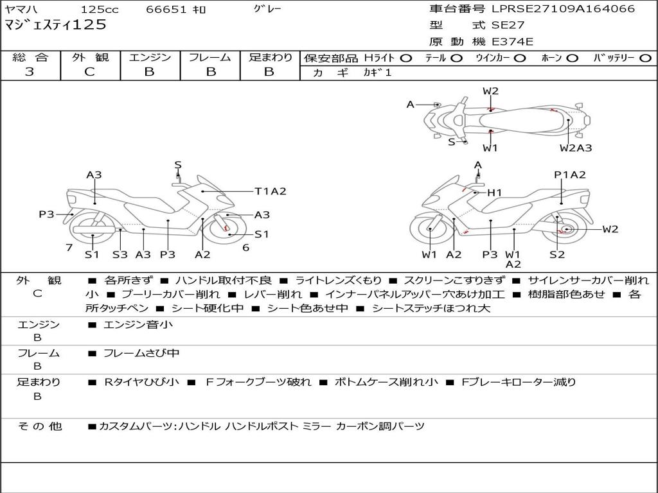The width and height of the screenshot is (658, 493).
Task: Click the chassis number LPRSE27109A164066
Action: (564, 8)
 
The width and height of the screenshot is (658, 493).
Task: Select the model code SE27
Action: (508, 25)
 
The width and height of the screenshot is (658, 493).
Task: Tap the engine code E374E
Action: (512, 42)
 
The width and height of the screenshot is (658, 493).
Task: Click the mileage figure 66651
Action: (166, 9)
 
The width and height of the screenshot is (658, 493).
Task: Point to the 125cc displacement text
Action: (100, 9)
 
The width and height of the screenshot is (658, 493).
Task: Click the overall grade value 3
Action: (30, 71)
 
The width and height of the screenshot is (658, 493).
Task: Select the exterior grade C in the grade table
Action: (89, 71)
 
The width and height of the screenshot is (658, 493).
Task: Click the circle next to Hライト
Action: (406, 58)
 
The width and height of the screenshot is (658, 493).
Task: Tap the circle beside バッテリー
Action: (645, 58)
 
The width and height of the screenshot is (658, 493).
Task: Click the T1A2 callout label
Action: (271, 191)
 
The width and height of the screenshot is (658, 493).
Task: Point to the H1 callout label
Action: (494, 193)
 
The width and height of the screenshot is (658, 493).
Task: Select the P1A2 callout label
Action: (569, 175)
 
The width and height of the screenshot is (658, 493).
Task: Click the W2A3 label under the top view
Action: (575, 148)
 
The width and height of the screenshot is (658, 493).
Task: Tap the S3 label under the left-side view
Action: (120, 254)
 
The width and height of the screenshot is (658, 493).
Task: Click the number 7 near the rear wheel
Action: (69, 248)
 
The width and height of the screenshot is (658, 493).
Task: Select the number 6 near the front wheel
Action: (246, 248)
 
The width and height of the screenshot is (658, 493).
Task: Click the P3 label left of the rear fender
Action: (46, 214)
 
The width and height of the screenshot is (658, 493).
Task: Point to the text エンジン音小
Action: (138, 324)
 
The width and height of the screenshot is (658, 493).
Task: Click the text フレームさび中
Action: (141, 353)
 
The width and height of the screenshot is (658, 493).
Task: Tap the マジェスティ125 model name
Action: (55, 25)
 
